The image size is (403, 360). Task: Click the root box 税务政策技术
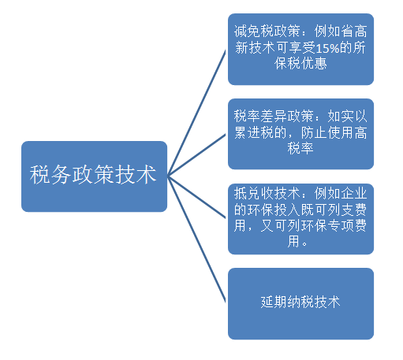click(94, 176)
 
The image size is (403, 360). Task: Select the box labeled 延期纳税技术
click(300, 304)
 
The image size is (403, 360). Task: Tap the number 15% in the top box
click(327, 48)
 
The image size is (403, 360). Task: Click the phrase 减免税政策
click(267, 32)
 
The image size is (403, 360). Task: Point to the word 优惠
click(314, 64)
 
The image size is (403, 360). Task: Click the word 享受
click(302, 48)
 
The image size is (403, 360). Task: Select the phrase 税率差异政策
click(274, 116)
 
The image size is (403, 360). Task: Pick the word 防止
click(314, 132)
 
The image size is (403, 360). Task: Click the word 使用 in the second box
click(341, 132)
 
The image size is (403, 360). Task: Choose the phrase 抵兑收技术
click(267, 194)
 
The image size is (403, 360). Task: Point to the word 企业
click(354, 194)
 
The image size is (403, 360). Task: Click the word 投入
click(287, 210)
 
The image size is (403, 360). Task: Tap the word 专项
click(341, 225)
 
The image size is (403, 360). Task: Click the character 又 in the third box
click(267, 225)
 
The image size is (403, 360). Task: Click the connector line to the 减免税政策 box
click(196, 113)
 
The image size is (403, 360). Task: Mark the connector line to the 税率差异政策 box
click(196, 155)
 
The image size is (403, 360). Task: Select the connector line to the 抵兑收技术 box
click(196, 197)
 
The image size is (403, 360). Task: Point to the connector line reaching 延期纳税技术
click(196, 239)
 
